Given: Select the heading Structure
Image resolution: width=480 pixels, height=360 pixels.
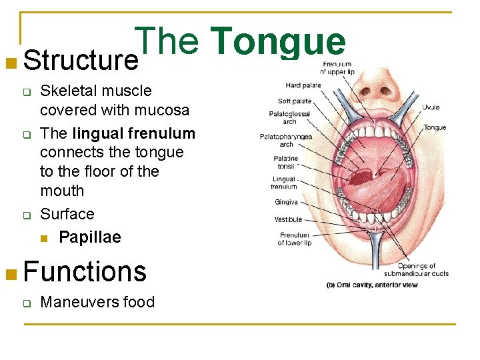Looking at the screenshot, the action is pyautogui.click(x=81, y=61).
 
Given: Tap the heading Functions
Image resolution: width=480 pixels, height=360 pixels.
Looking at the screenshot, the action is pyautogui.click(x=85, y=271).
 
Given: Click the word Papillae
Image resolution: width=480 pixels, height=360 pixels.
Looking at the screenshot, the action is pyautogui.click(x=90, y=237).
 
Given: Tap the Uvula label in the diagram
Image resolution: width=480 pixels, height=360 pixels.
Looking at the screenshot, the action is pyautogui.click(x=431, y=107).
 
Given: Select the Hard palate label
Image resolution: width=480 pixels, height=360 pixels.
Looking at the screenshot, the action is pyautogui.click(x=303, y=85).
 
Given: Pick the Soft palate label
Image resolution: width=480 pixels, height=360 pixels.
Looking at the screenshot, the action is pyautogui.click(x=294, y=101).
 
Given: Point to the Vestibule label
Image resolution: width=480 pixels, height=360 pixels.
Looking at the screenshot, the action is pyautogui.click(x=288, y=219).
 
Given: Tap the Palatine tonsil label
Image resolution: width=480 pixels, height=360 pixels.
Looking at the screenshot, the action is pyautogui.click(x=286, y=162).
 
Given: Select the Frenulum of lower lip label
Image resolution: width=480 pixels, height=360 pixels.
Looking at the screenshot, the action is pyautogui.click(x=294, y=239).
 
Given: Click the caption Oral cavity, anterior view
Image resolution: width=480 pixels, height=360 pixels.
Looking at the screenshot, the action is pyautogui.click(x=371, y=284).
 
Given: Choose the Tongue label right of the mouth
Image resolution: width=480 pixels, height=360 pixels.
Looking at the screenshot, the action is pyautogui.click(x=435, y=127).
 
